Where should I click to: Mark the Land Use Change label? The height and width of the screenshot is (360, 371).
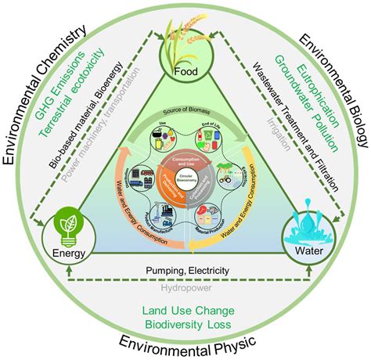(x=185, y=307)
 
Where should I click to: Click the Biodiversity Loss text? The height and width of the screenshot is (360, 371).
(x=185, y=322)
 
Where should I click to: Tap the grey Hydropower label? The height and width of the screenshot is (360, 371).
(x=186, y=286)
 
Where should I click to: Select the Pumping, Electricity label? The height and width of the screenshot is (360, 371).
(x=186, y=271)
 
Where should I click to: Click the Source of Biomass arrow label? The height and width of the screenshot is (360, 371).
(x=185, y=111)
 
